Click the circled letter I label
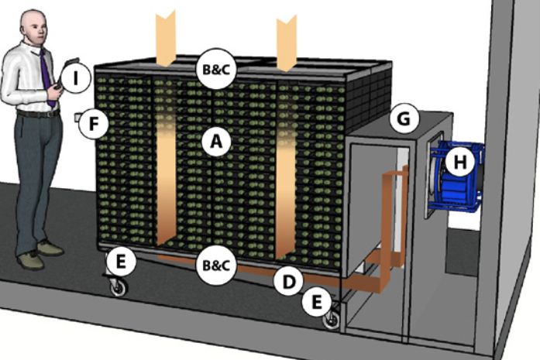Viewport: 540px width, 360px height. click(77, 77)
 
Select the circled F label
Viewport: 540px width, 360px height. click(95, 123)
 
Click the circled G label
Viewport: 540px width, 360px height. click(404, 119)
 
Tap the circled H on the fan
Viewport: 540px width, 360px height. click(460, 161)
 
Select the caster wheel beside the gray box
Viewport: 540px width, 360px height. click(331, 319)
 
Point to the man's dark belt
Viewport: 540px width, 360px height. click(37, 113)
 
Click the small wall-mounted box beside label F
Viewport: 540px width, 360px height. click(77, 118)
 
